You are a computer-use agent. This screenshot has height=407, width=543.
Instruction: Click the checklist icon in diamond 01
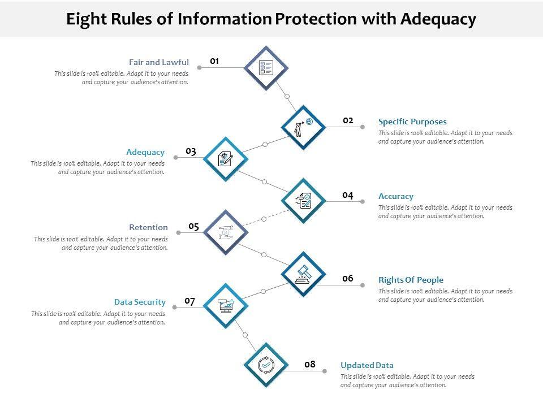pos(266,68)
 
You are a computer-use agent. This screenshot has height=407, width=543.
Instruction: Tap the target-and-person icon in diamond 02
pos(303,127)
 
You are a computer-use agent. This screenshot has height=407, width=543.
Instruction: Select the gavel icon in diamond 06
pos(303,274)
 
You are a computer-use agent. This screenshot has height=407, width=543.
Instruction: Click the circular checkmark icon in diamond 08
pos(266,365)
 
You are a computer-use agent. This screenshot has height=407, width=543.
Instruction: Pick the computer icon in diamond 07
pos(226,306)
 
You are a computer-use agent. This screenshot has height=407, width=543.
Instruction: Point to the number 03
pos(191,151)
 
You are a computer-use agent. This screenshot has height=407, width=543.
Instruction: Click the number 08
pos(309,365)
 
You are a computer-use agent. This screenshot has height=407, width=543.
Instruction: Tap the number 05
pos(194,227)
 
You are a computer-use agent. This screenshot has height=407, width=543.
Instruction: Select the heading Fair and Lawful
pos(158,62)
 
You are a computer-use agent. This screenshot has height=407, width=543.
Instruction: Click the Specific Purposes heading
pos(412,122)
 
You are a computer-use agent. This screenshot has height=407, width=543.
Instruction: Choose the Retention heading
pos(148,227)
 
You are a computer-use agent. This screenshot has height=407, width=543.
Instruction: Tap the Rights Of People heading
pos(411,280)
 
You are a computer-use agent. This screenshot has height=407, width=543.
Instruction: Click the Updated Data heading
pos(367,365)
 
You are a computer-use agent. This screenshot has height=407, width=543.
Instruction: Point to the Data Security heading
pos(140,302)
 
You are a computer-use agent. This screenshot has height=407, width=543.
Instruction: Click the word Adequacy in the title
pos(438,19)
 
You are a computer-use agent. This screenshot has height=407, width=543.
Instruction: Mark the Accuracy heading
pos(396,196)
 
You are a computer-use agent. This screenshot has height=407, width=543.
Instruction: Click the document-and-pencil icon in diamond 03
pos(226,159)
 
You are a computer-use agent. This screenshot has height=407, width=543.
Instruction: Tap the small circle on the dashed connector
pos(264,219)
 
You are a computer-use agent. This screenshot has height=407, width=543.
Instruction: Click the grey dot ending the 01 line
pos(200,67)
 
